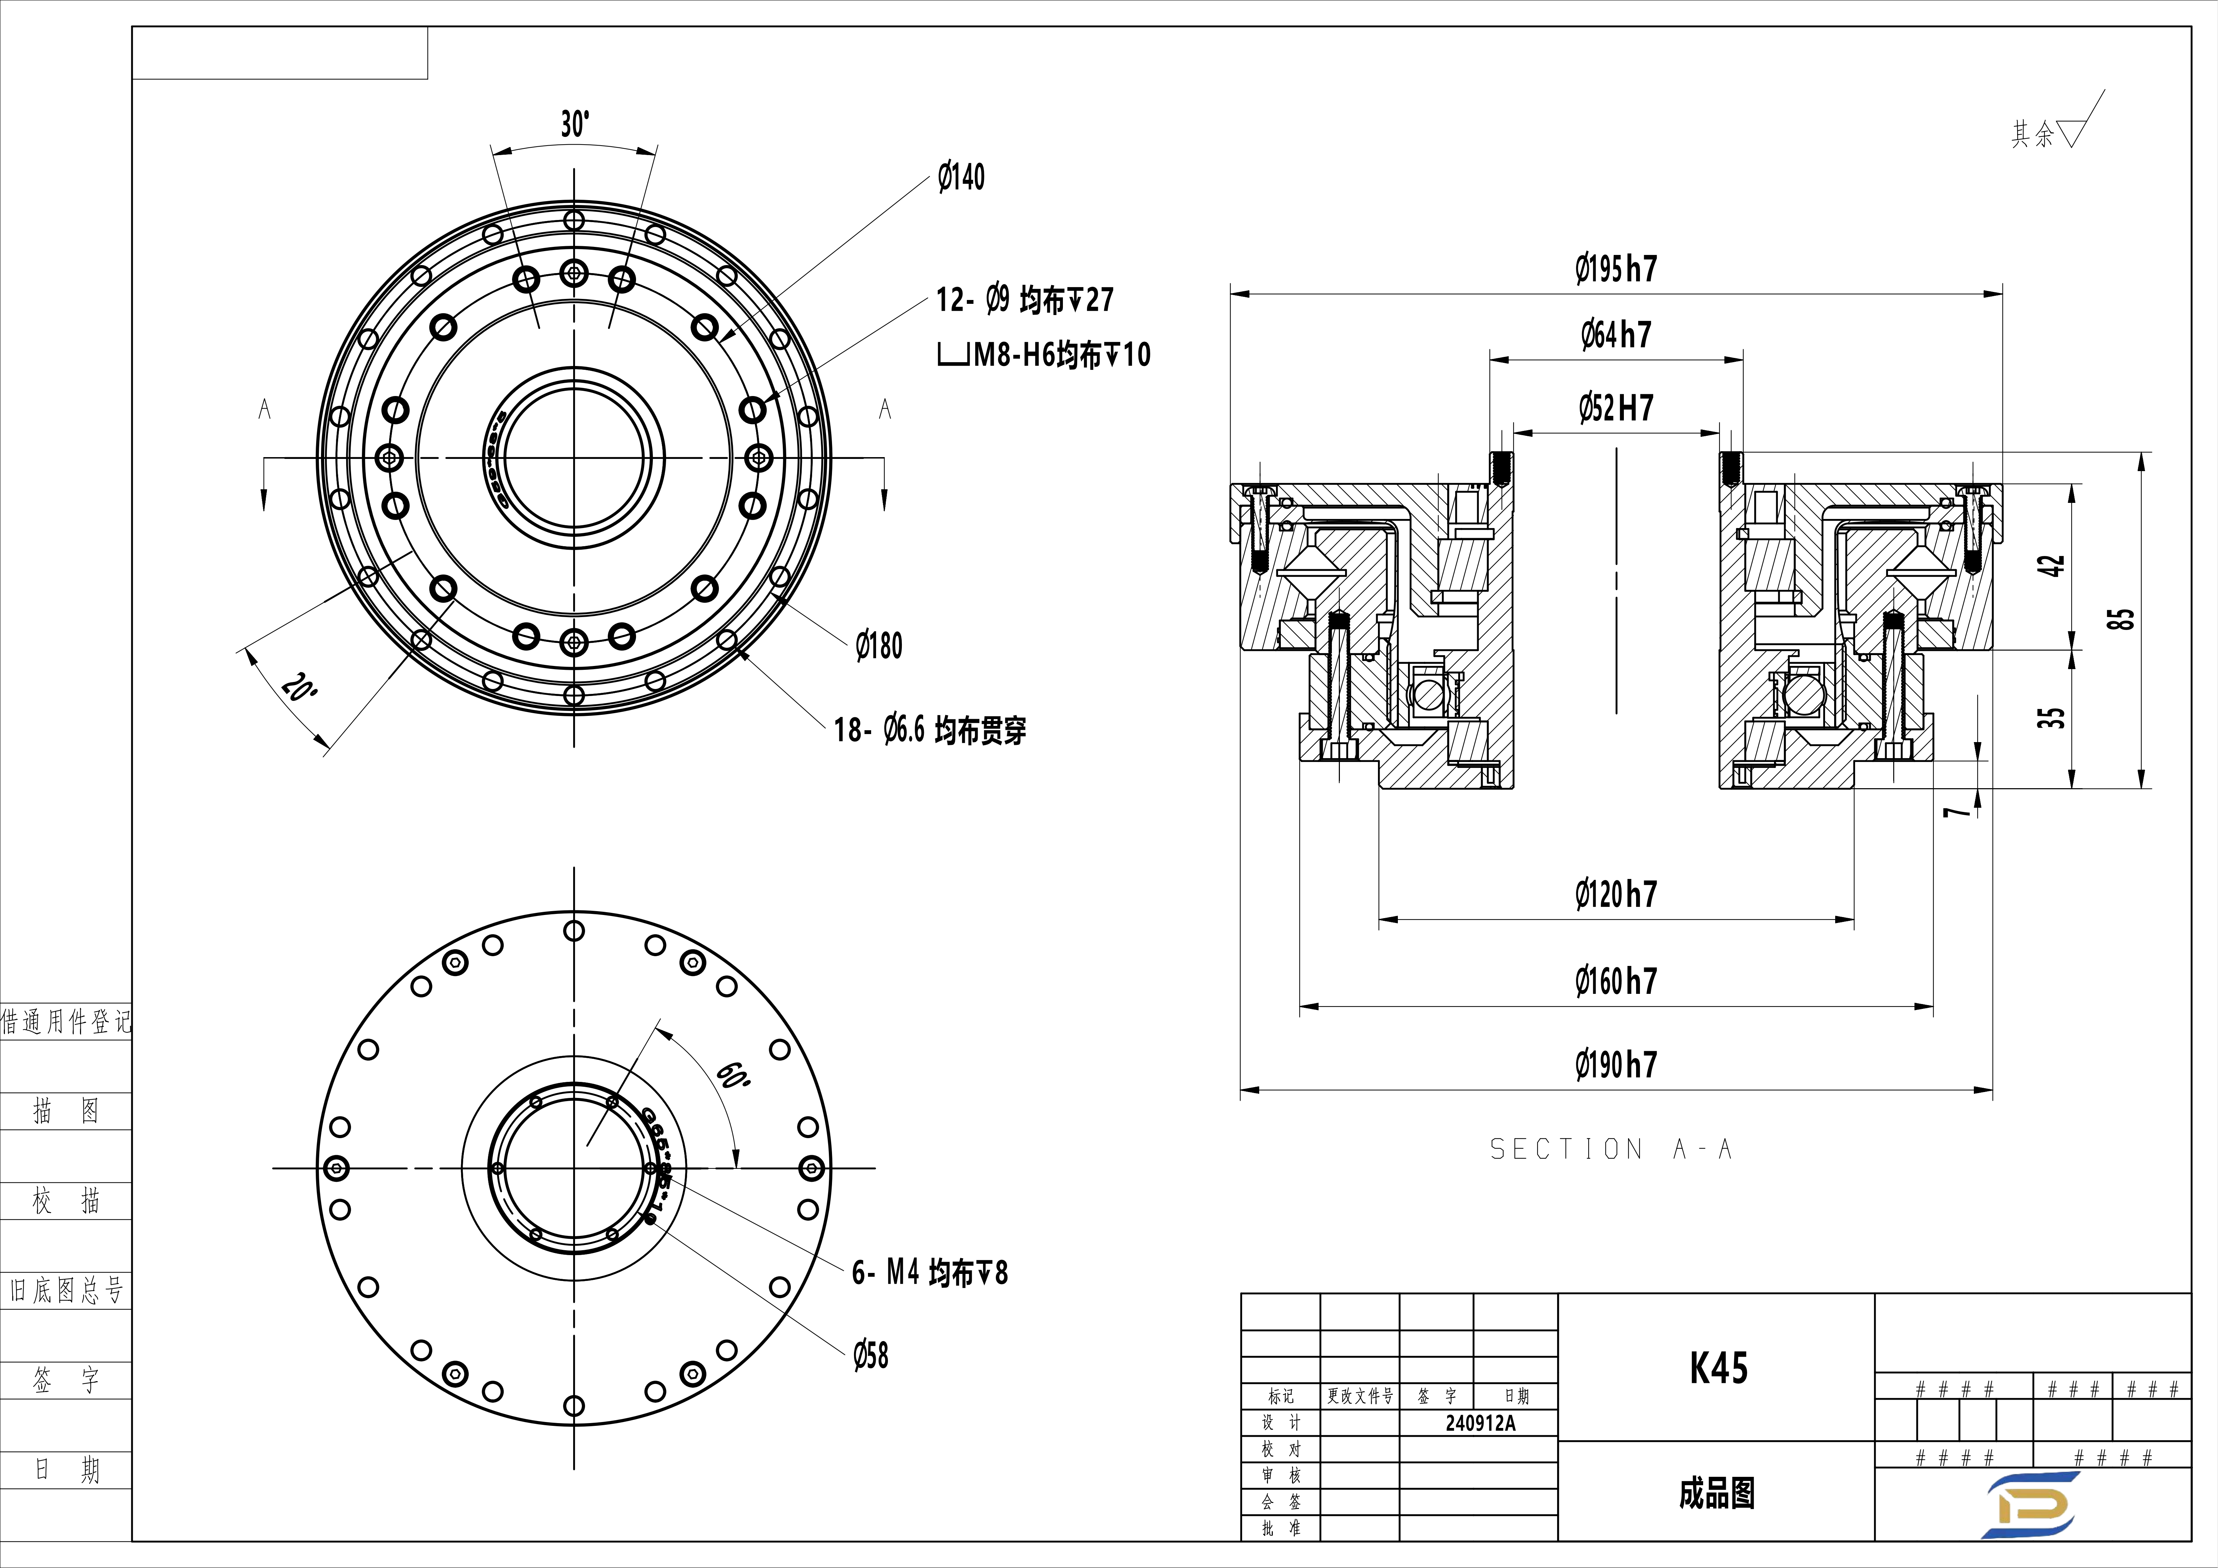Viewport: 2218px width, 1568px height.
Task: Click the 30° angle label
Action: [575, 124]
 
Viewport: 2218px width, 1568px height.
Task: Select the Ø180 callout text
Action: [879, 645]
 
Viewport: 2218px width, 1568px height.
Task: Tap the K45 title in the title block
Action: [1717, 1368]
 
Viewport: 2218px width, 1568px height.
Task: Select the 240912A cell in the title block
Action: [1480, 1423]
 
